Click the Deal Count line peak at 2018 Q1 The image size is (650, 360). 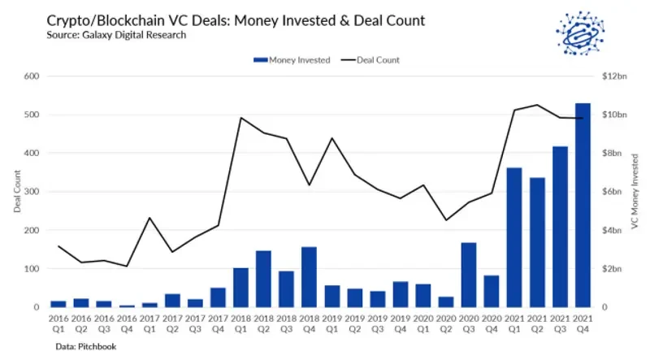click(x=240, y=118)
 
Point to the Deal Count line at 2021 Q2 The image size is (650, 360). click(x=536, y=105)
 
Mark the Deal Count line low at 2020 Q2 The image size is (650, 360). click(x=445, y=219)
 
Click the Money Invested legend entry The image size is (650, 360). click(x=292, y=59)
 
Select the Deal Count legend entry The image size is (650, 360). click(x=371, y=59)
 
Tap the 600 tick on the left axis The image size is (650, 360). click(x=32, y=76)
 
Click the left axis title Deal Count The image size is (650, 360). click(x=18, y=193)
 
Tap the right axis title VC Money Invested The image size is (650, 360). click(x=634, y=193)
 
